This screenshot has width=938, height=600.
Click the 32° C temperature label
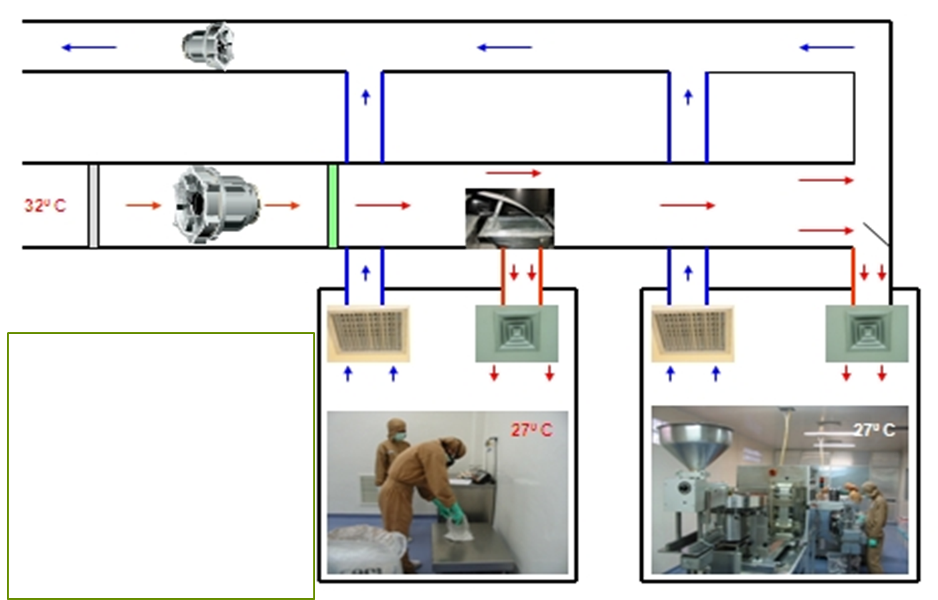click(44, 206)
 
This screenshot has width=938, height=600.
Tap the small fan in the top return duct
click(208, 45)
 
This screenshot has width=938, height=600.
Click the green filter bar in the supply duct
click(333, 206)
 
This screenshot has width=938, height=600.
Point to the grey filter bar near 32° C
click(93, 206)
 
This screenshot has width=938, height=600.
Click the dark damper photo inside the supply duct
click(510, 218)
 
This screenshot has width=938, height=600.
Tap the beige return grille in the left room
click(368, 333)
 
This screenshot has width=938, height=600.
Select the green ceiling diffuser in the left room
click(517, 333)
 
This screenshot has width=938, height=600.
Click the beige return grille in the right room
click(692, 333)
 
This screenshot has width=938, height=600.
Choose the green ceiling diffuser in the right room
click(867, 333)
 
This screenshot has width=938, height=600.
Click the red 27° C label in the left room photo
click(532, 430)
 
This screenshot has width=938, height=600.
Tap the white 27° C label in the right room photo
click(874, 430)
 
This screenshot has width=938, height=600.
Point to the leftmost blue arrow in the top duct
click(89, 47)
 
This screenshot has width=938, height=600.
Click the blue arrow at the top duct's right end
click(827, 47)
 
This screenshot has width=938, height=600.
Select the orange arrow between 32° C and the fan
click(143, 205)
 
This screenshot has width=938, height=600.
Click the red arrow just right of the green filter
click(383, 205)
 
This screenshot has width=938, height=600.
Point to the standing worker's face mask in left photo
click(400, 436)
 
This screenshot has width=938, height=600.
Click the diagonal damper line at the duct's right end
click(876, 234)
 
